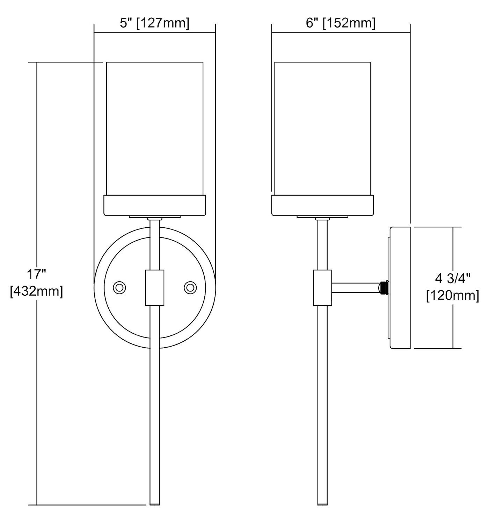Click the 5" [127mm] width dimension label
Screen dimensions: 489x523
tap(154, 23)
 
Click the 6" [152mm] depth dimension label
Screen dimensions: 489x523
tap(341, 23)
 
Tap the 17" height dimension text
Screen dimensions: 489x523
tap(37, 275)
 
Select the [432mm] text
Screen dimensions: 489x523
tap(36, 291)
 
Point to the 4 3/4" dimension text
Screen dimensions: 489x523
tap(453, 279)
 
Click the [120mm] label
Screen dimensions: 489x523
tap(453, 295)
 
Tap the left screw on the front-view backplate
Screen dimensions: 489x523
tap(119, 288)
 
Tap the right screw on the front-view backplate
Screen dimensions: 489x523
tap(190, 288)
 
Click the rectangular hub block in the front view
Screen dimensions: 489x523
tap(155, 288)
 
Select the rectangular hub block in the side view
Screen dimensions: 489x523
tap(322, 288)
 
